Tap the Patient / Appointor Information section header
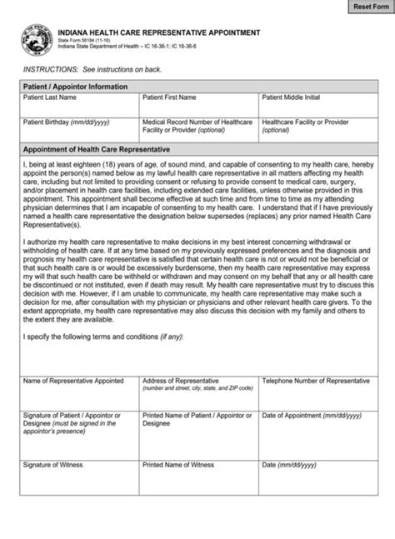click(75, 87)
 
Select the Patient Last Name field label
click(51, 97)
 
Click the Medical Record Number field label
click(196, 126)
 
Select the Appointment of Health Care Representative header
click(96, 149)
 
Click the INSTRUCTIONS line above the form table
click(91, 71)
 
